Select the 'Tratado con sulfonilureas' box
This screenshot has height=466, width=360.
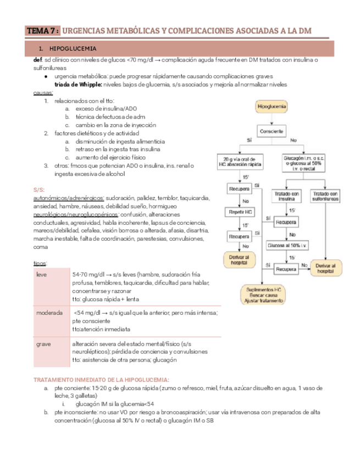325,196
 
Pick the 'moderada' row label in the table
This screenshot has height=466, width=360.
49,313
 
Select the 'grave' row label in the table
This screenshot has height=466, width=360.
43,343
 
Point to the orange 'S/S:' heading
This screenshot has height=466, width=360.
39,190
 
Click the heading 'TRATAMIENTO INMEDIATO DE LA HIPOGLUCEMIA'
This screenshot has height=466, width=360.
102,380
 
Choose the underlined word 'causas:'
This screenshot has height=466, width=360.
43,93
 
